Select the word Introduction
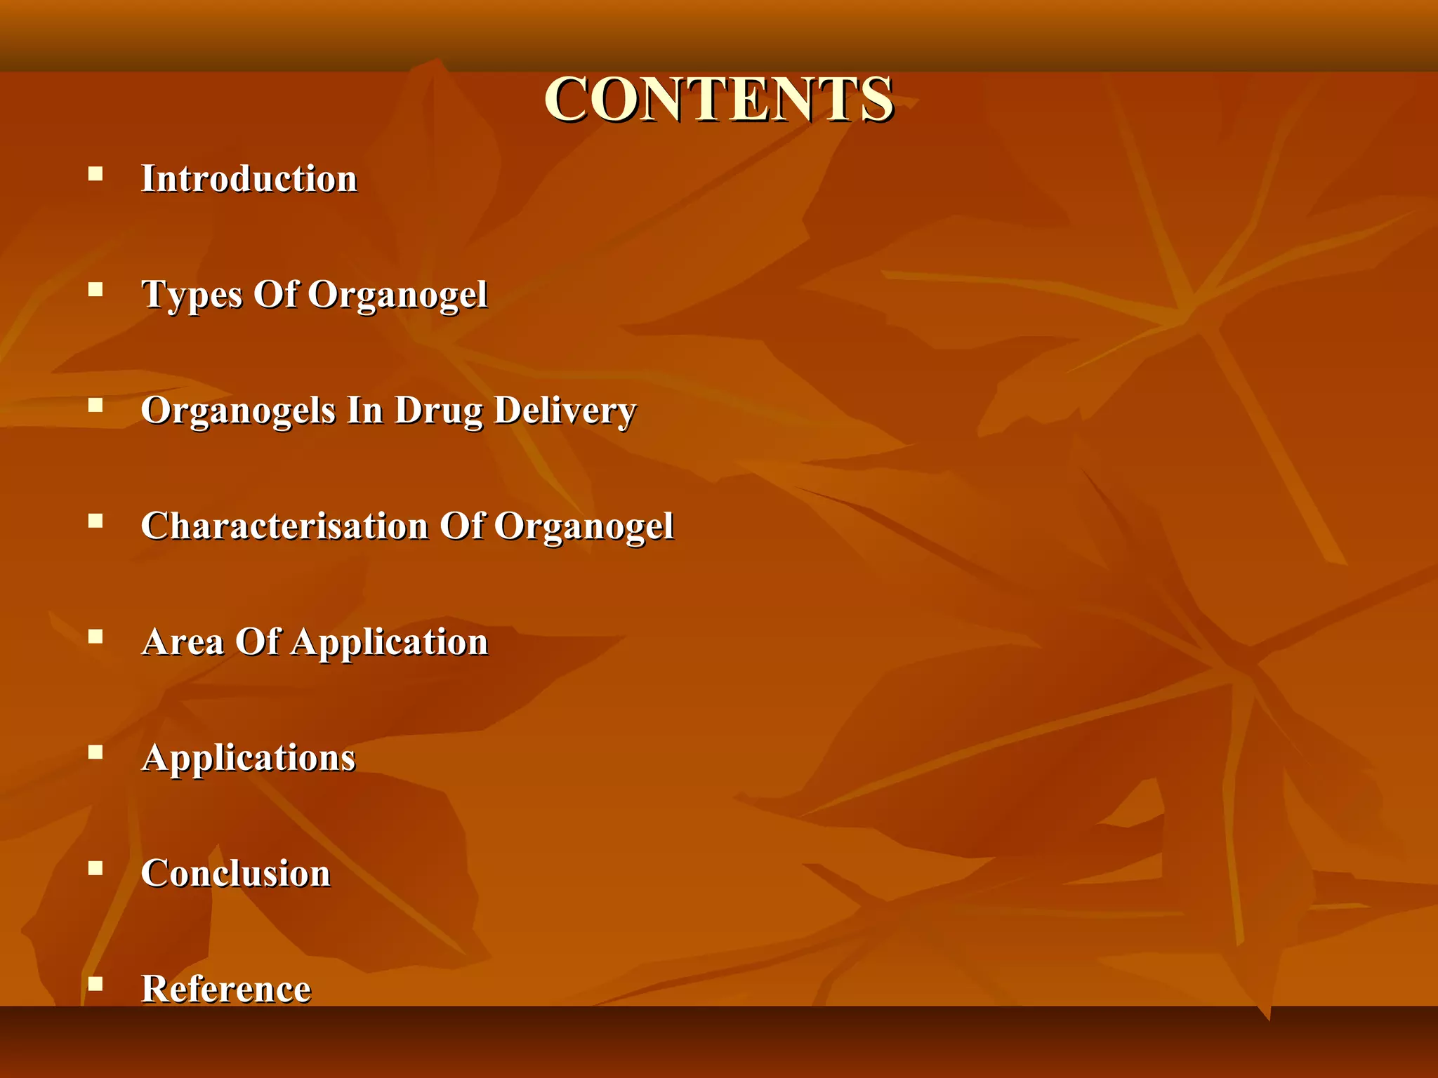[249, 178]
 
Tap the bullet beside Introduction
[95, 173]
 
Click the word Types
[192, 294]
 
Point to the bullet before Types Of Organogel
[95, 289]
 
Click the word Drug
[438, 410]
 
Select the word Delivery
[565, 410]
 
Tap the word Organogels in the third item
[238, 410]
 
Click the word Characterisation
[284, 526]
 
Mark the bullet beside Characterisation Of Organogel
[95, 521]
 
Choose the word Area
[183, 641]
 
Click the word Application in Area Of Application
[389, 641]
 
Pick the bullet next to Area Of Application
[95, 637]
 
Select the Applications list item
[249, 757]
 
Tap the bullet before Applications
[95, 752]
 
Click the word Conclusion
[236, 873]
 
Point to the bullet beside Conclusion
[95, 868]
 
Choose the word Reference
[226, 989]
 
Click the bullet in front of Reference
[95, 984]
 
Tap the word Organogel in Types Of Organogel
[397, 294]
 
